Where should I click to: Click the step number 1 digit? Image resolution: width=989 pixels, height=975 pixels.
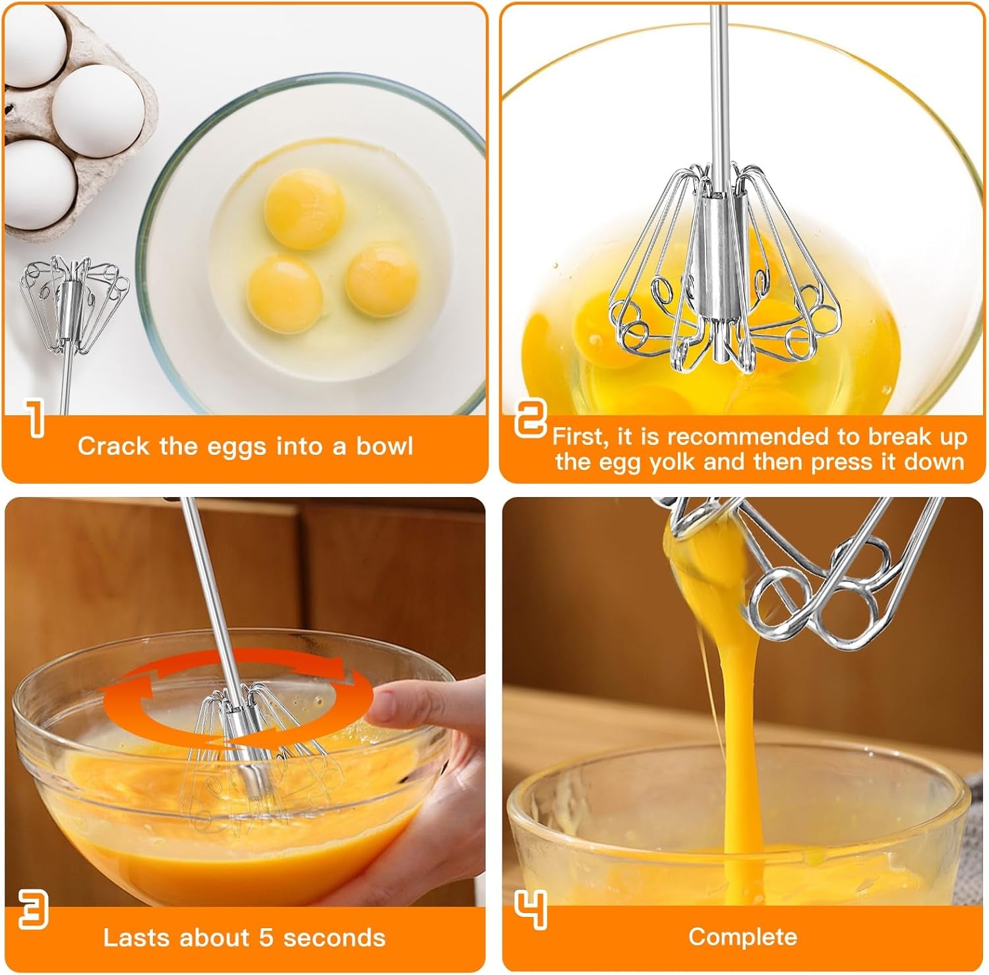36,417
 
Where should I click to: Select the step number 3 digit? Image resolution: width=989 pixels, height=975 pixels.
33,909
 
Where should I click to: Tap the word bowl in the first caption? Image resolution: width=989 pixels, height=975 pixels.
384,446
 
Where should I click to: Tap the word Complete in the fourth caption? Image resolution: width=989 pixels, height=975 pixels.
742,937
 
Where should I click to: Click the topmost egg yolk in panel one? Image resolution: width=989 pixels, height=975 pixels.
304,208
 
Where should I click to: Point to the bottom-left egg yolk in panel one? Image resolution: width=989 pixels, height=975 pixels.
285,293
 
